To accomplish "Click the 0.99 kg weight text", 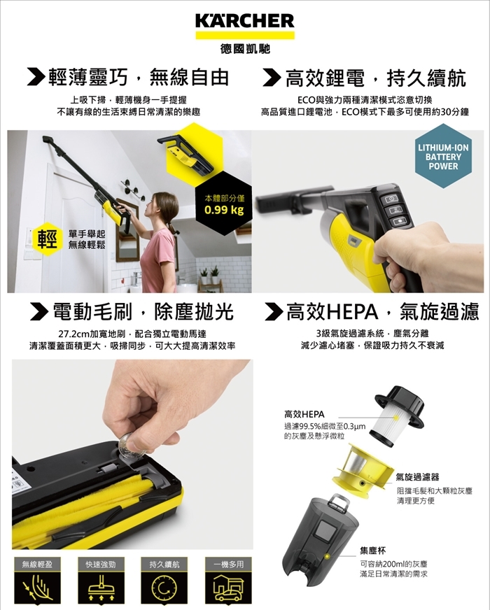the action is click(224, 211).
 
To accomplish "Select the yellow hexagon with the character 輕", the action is click(47, 239).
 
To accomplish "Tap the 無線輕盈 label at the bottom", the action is click(36, 564).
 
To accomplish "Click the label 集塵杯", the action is click(373, 551).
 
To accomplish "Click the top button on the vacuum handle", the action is click(391, 199).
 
